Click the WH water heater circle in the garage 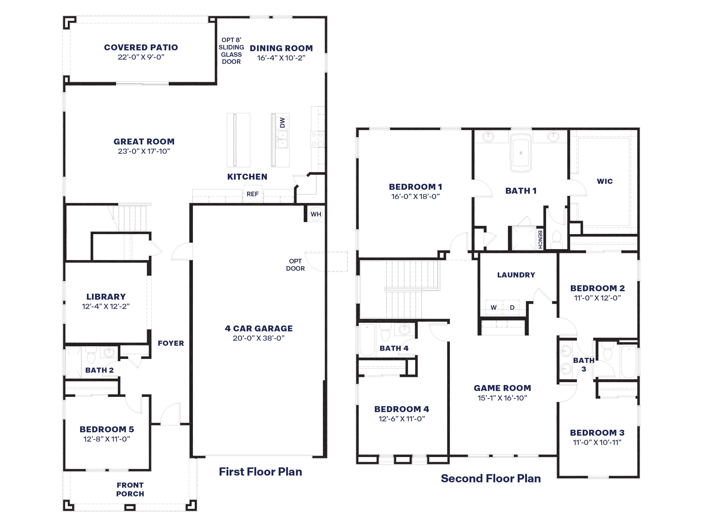point(316,214)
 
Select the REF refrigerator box point(253,194)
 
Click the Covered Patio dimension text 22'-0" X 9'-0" point(141,57)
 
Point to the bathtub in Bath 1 point(521,153)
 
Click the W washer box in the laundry point(494,307)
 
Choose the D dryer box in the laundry point(512,307)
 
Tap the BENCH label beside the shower point(540,239)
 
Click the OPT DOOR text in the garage point(295,264)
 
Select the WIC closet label point(605,181)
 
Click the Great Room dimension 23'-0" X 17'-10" point(144,151)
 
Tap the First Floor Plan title point(260,472)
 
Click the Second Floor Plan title point(490,478)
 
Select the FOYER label point(171,343)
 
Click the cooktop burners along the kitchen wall point(317,139)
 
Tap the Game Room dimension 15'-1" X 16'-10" point(502,398)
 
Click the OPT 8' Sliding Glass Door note point(231,51)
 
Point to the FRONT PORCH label point(130,490)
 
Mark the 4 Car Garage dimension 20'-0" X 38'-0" point(258,338)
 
